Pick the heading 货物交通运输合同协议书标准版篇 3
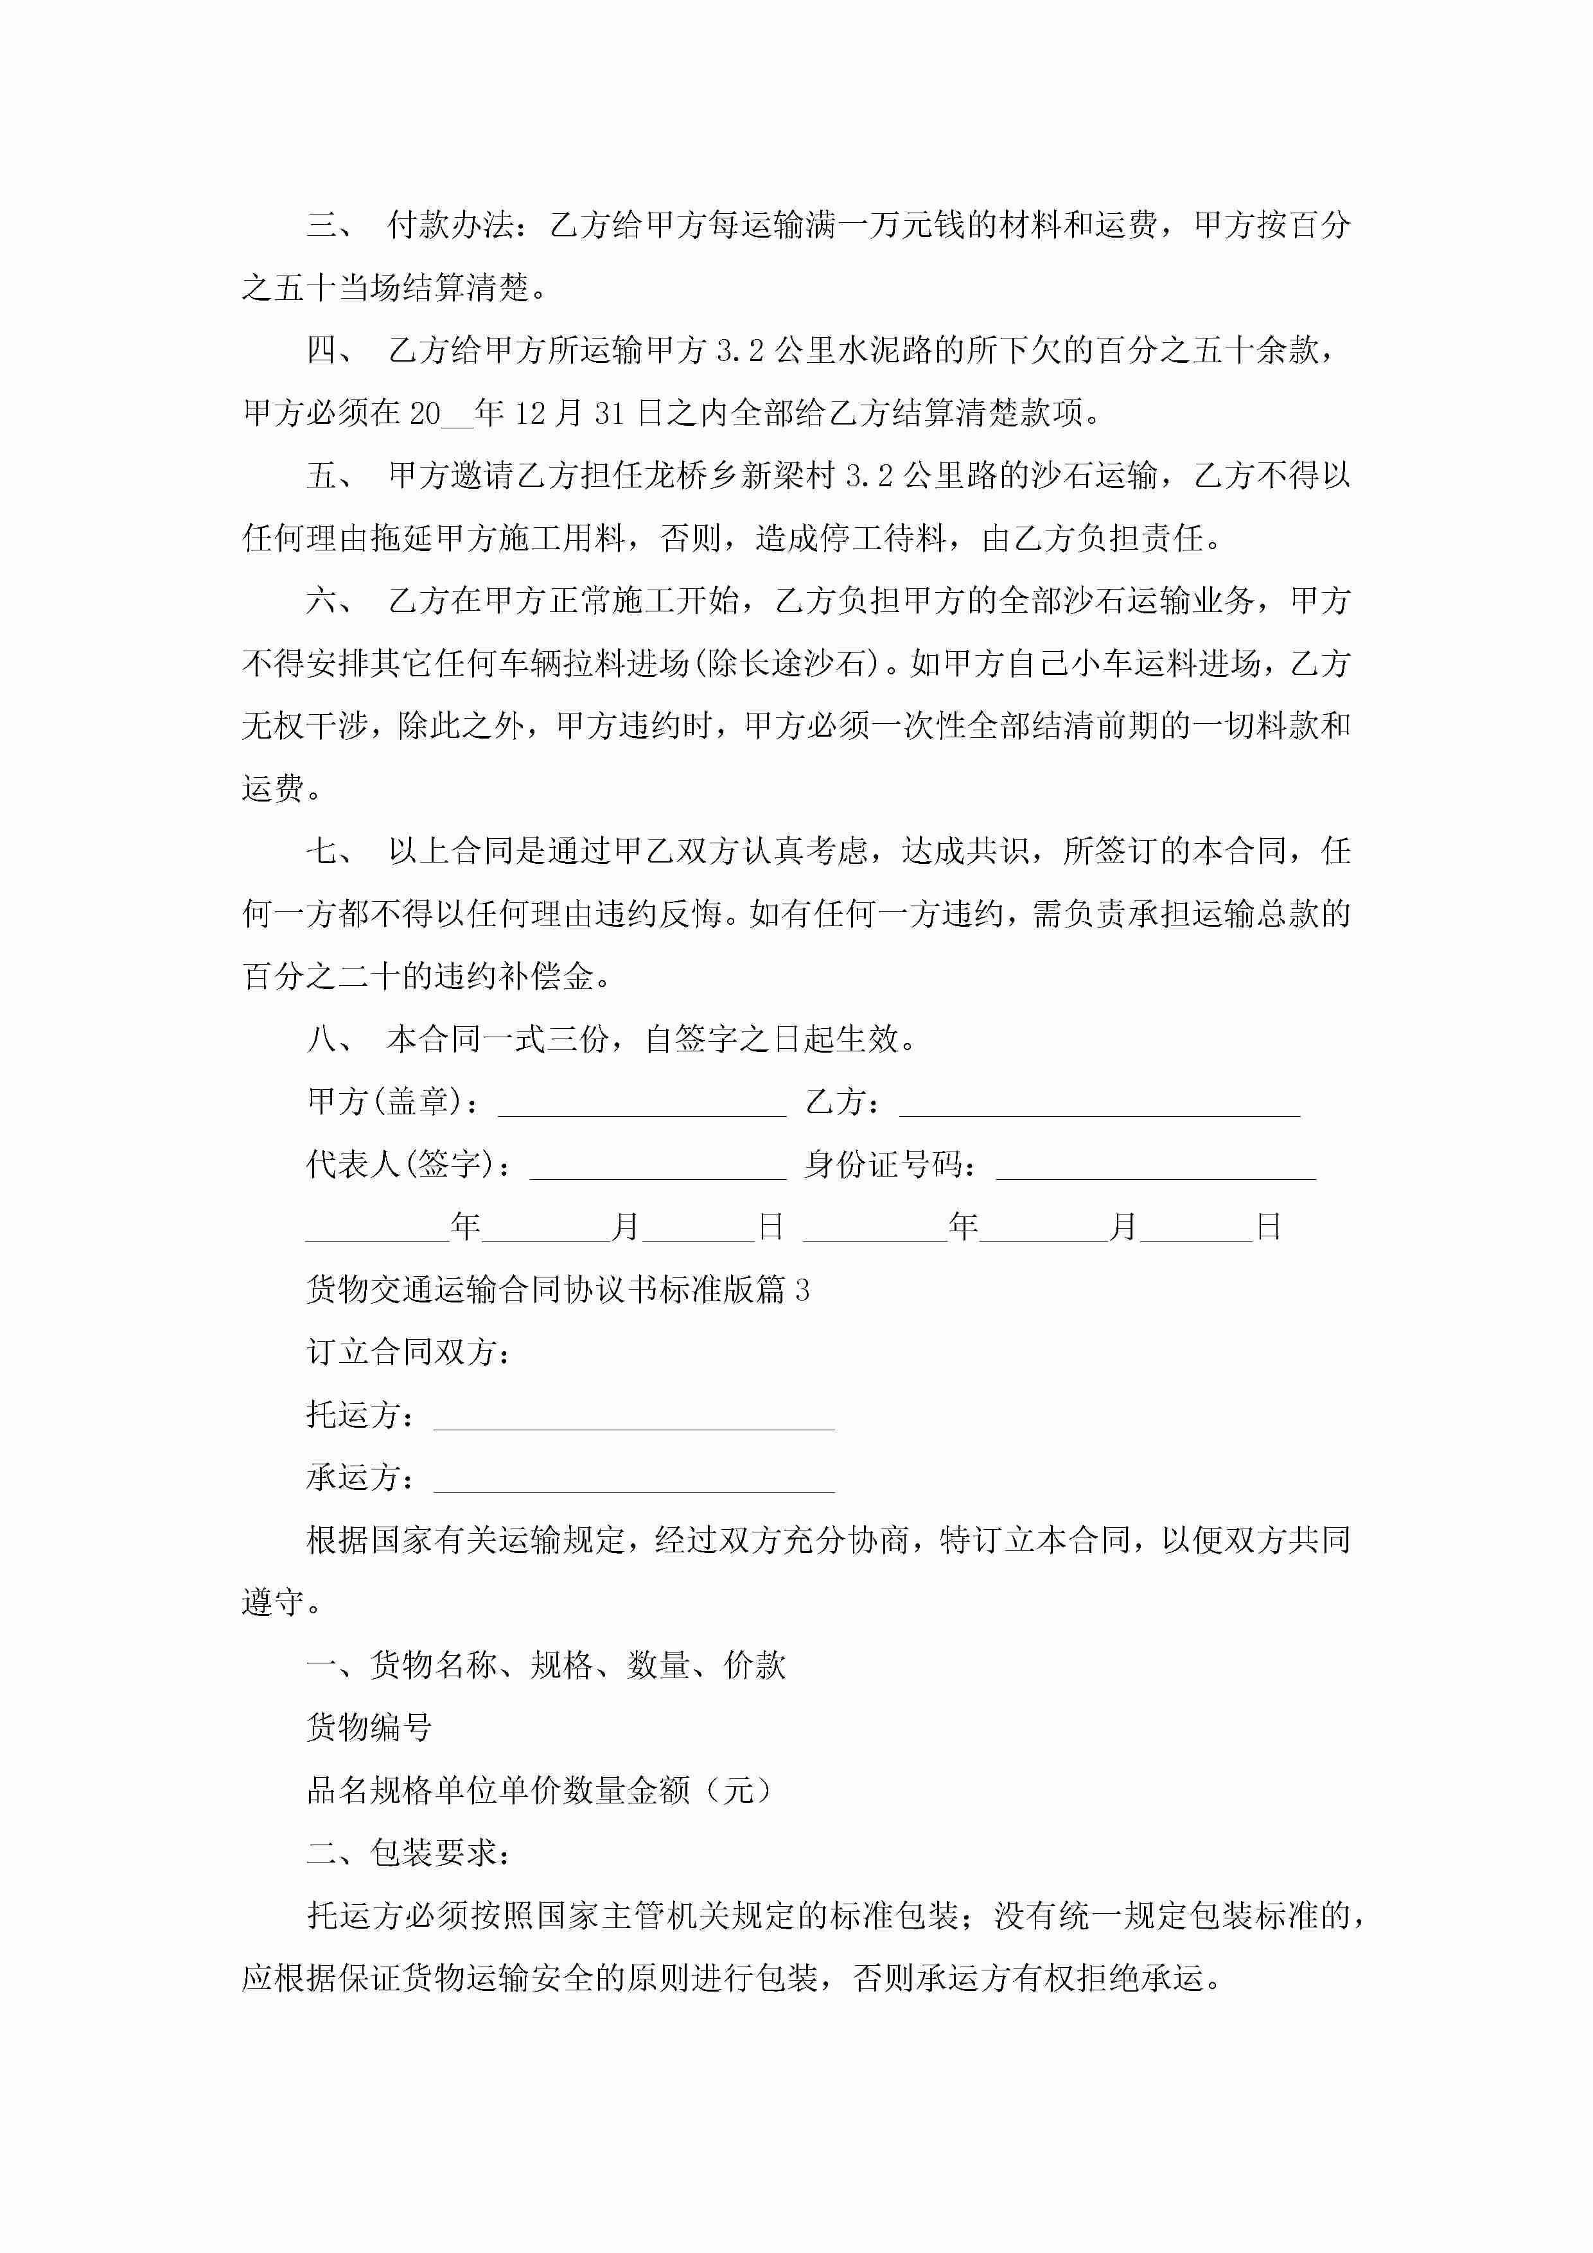point(558,1290)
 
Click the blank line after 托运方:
point(634,1416)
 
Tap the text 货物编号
point(369,1727)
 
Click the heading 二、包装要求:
point(409,1853)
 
